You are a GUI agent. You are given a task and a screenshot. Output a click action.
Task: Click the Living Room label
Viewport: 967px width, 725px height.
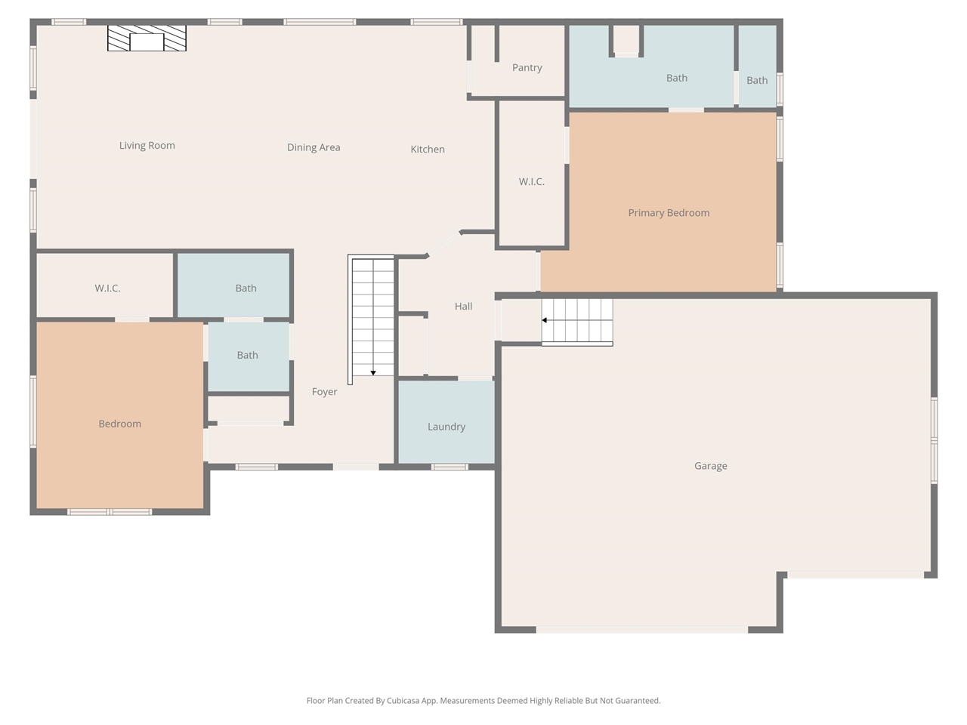coord(147,145)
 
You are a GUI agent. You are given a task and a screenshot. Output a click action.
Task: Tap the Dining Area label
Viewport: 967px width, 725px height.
coord(314,147)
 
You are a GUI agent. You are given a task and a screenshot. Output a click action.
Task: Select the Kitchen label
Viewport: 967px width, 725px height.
coord(428,150)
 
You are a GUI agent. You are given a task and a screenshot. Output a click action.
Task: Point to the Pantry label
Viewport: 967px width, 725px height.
coord(527,68)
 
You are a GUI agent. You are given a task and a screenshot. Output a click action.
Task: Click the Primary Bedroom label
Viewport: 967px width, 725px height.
coord(669,213)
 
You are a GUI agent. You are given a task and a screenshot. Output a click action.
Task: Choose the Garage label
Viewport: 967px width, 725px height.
coord(711,466)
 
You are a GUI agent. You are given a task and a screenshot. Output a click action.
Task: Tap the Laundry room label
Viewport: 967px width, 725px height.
coord(446,427)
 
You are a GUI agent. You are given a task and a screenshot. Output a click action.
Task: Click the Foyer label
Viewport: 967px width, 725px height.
coord(324,392)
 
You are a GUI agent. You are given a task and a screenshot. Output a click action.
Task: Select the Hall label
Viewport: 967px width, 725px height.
coord(463,307)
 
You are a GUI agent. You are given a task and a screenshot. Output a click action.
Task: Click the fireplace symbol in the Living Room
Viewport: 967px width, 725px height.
coord(147,38)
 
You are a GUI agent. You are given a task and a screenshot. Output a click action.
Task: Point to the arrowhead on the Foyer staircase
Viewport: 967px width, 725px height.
coord(373,373)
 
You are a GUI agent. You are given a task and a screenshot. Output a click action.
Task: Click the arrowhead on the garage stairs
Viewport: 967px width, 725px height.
coord(545,320)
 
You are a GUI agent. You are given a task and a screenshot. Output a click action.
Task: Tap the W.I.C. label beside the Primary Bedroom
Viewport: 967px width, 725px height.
coord(531,182)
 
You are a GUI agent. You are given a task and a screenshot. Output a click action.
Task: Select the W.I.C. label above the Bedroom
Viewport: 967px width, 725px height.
coord(107,288)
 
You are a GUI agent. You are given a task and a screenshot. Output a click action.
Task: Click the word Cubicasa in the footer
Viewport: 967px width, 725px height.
coord(403,701)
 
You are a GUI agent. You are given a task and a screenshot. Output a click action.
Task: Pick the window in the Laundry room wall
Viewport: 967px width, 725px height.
coord(450,467)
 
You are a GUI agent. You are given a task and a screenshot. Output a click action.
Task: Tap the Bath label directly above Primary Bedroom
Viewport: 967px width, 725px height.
coord(677,79)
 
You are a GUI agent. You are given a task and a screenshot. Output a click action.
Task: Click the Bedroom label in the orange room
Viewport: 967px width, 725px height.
coord(120,424)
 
